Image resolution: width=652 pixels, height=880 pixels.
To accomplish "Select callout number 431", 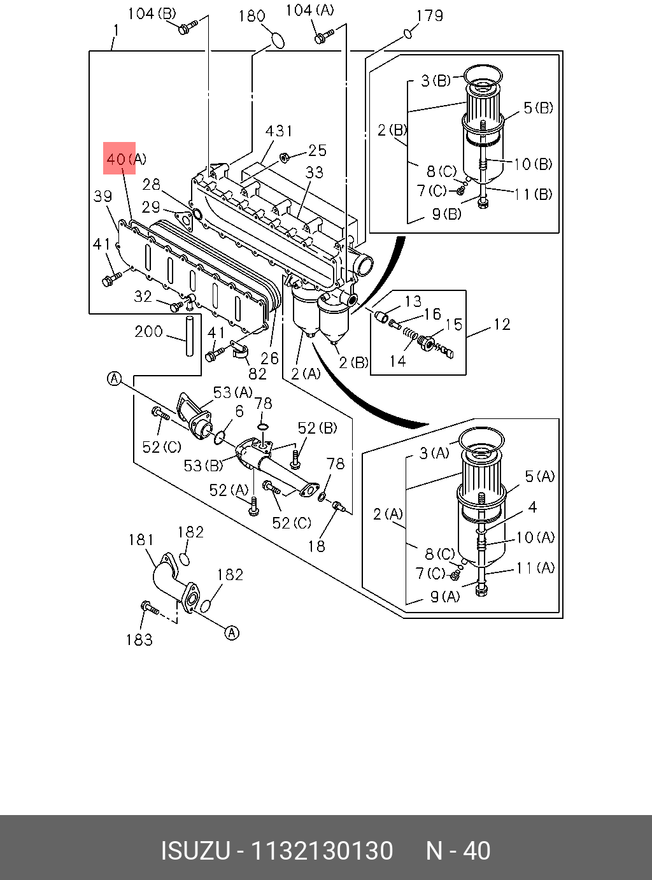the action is tap(279, 131).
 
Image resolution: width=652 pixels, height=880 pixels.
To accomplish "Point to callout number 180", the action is tap(252, 17).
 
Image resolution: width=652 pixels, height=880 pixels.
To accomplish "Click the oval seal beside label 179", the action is tap(407, 33).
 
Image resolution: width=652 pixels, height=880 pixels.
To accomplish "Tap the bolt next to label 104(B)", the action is tap(187, 27).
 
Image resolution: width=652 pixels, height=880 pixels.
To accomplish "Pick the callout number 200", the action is tap(148, 331).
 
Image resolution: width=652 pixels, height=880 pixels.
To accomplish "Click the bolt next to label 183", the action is tap(150, 608).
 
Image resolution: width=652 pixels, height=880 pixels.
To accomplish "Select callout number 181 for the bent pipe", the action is tap(141, 540).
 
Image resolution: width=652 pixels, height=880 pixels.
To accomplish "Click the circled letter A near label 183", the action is tap(232, 633).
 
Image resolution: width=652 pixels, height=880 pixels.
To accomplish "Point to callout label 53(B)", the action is tap(204, 465).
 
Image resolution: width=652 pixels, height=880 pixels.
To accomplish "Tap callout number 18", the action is tap(316, 547).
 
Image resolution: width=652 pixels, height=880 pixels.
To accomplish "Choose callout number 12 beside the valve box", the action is tap(502, 325).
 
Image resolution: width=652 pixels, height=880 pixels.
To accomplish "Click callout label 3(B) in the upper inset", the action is tap(436, 81).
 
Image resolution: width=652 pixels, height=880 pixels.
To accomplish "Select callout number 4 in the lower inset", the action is tap(532, 507).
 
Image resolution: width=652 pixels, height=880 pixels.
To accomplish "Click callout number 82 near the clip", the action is tap(257, 373).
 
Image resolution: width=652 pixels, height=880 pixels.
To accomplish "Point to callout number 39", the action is tap(103, 196).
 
